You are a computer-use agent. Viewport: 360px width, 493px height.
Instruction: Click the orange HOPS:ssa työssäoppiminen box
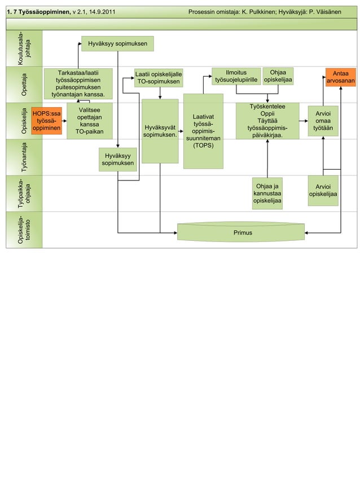pyautogui.click(x=46, y=120)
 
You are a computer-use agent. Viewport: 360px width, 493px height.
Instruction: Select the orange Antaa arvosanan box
pyautogui.click(x=340, y=77)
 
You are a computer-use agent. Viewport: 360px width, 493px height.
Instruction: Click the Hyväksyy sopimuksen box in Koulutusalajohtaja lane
pyautogui.click(x=117, y=43)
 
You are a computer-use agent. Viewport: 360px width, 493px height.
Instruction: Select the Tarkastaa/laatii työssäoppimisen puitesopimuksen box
pyautogui.click(x=78, y=83)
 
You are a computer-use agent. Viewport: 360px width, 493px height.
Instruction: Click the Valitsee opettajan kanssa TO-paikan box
pyautogui.click(x=90, y=121)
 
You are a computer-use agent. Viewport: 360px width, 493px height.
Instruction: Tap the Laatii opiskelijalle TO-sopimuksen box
pyautogui.click(x=158, y=78)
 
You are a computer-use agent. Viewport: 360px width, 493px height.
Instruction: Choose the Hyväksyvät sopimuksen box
pyautogui.click(x=160, y=131)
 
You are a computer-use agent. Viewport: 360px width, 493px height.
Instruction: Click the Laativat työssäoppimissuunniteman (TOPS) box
pyautogui.click(x=203, y=131)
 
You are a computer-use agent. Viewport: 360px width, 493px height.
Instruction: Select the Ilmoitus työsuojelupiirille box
pyautogui.click(x=236, y=76)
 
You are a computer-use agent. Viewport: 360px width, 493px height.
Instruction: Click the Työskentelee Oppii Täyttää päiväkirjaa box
pyautogui.click(x=267, y=120)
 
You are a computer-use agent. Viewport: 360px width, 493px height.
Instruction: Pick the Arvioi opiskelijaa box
pyautogui.click(x=323, y=191)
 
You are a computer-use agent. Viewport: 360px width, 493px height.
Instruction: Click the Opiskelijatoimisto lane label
pyautogui.click(x=24, y=230)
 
